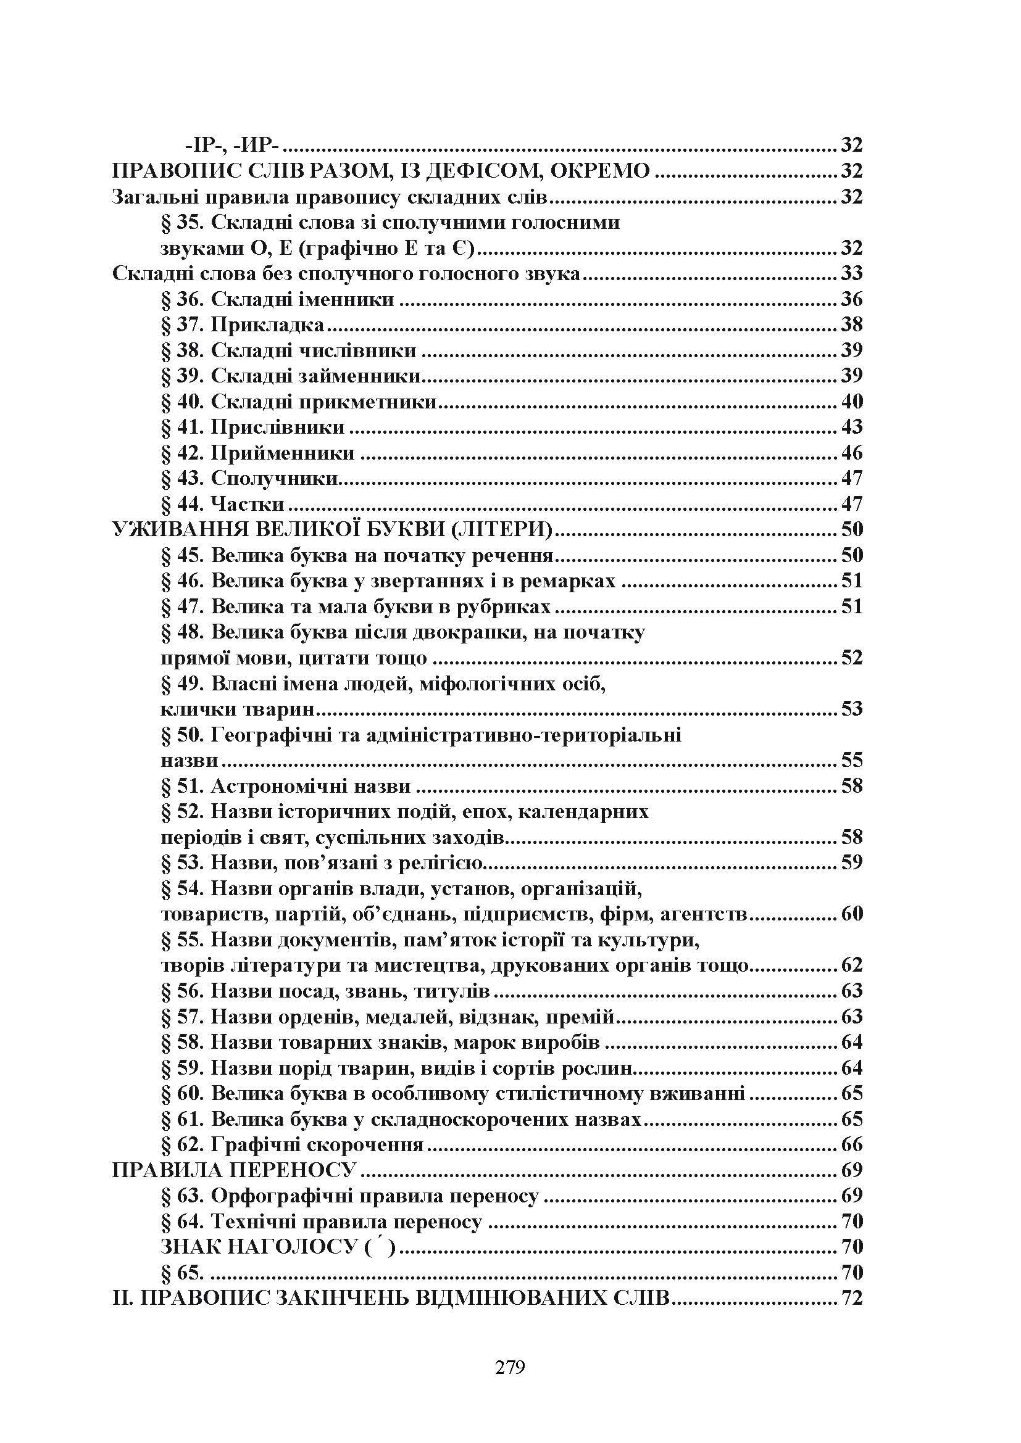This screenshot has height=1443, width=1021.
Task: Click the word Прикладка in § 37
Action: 268,325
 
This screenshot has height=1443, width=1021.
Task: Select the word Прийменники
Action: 282,453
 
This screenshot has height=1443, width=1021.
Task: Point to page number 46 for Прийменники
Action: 852,453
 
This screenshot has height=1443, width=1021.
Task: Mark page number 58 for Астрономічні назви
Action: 852,786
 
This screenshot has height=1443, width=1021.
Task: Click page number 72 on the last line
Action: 852,1299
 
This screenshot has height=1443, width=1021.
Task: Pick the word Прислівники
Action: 278,428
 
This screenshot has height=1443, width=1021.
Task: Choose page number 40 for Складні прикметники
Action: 852,402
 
